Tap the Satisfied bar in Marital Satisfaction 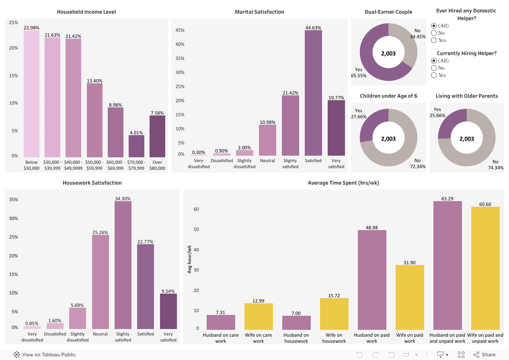313,93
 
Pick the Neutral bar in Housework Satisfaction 101,282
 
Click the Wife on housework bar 334,314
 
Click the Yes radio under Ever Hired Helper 434,40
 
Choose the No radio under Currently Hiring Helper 434,68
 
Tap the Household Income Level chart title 86,12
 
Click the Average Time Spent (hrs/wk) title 343,183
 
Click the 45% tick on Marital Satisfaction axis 180,30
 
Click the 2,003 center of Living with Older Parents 467,139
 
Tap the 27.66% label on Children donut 359,117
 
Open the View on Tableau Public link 45,355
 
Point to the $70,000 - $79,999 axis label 136,165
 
